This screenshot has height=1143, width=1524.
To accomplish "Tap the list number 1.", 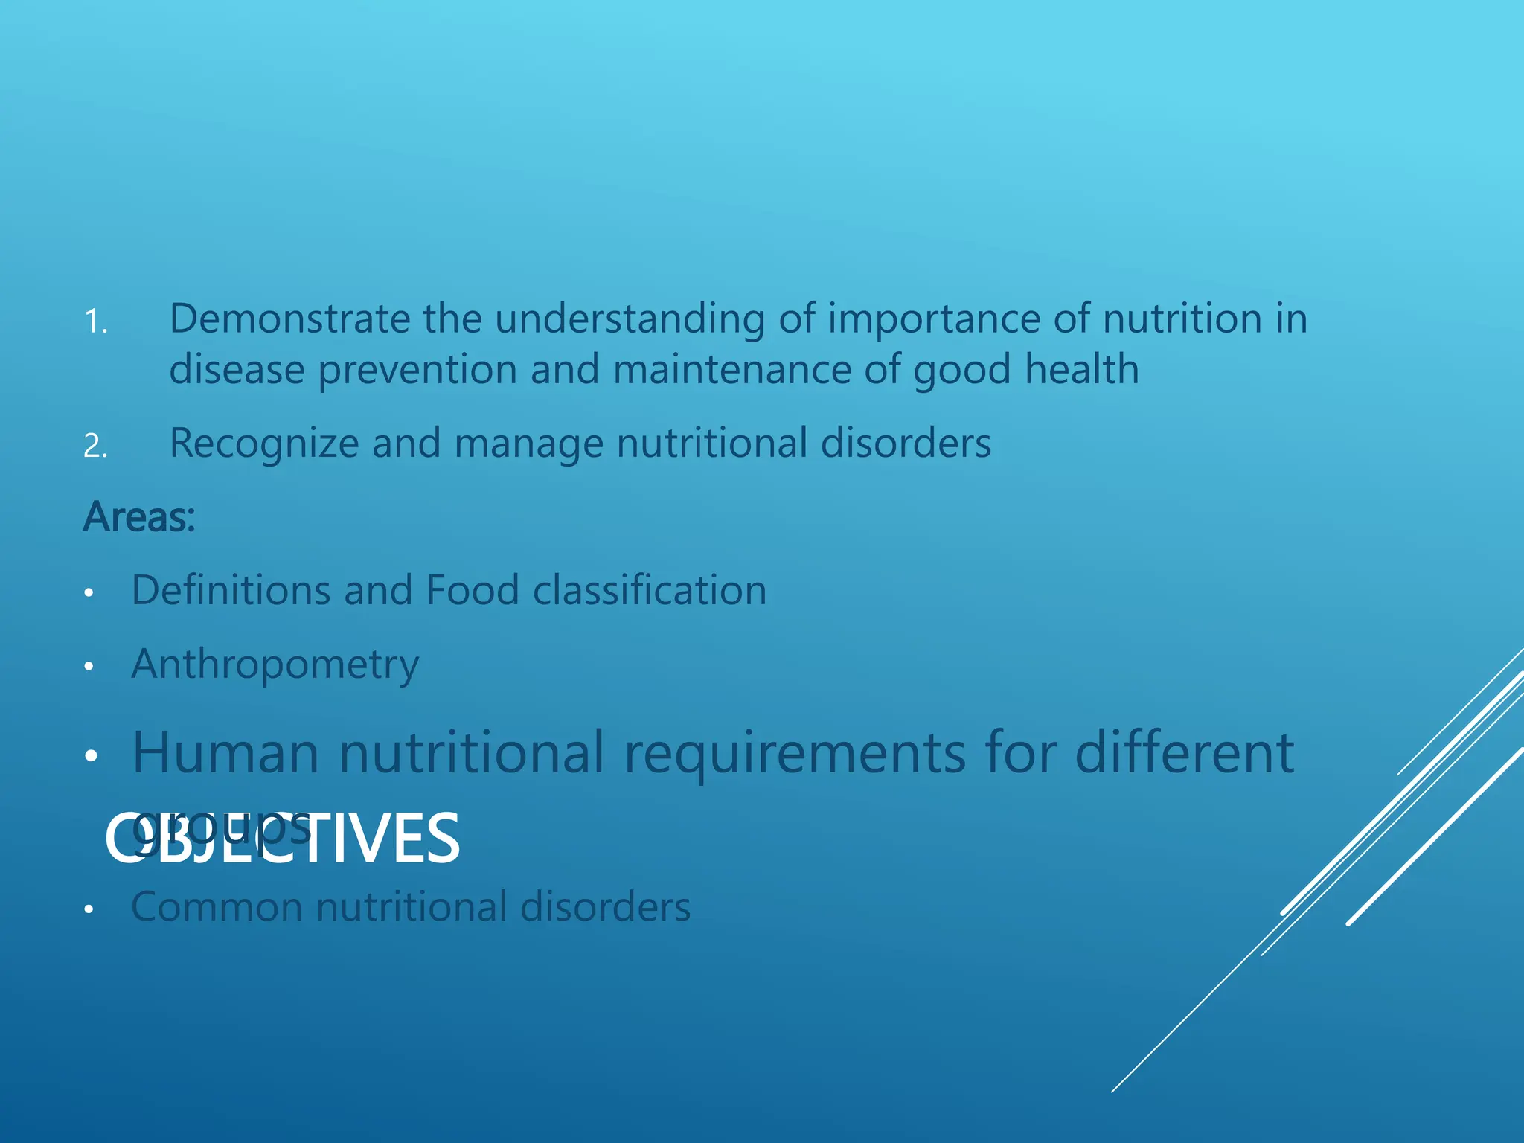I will tap(95, 323).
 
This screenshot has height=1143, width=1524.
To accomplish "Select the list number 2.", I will tap(95, 446).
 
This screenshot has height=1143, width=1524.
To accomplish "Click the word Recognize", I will tap(263, 444).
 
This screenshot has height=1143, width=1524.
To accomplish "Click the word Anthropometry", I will tap(275, 665).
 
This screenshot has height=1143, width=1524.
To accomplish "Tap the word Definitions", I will tap(230, 591).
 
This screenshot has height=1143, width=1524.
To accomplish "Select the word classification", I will tap(650, 591).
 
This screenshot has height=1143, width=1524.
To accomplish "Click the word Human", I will tap(225, 753).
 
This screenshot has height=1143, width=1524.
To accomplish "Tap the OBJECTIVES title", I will tap(283, 839).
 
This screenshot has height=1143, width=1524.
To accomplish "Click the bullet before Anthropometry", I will tap(89, 667).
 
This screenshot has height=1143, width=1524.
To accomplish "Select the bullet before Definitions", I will tap(89, 593).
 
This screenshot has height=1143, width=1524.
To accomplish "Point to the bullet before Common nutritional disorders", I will tap(89, 909).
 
